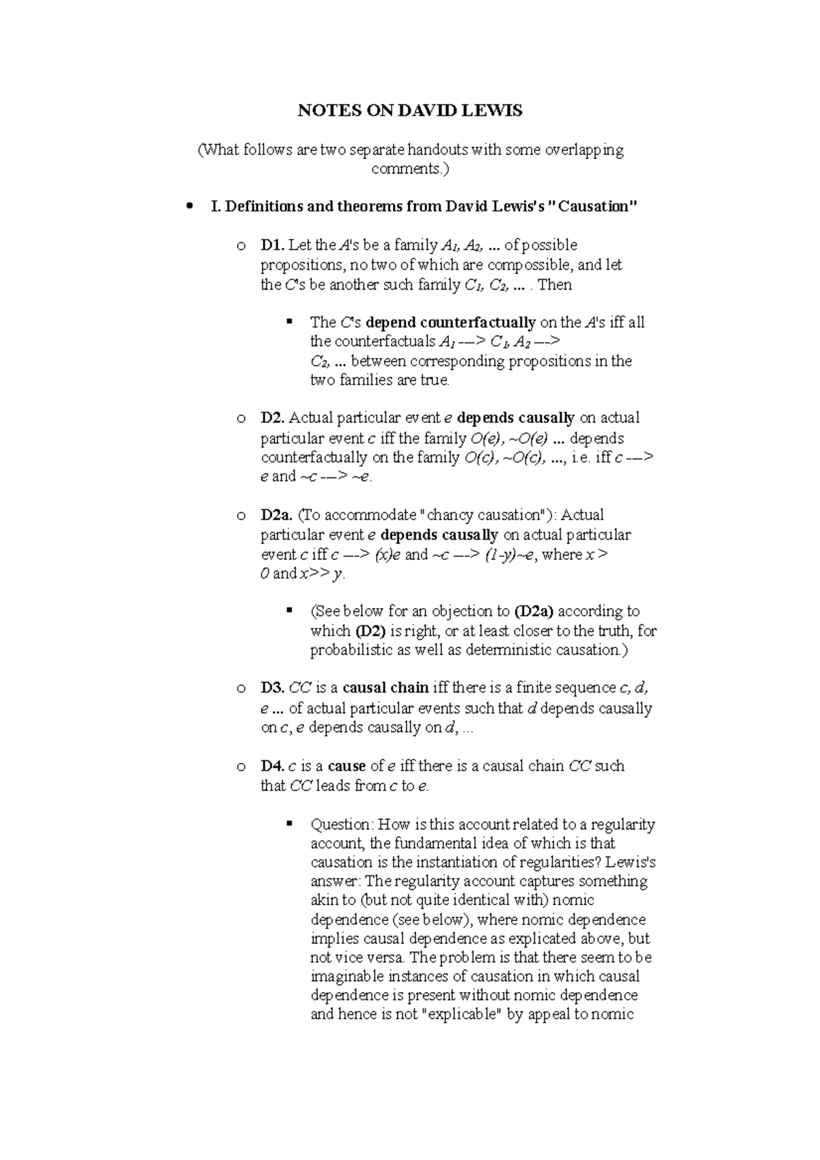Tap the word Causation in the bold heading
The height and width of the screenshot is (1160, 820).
click(x=596, y=206)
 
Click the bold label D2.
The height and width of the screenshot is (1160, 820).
click(x=273, y=418)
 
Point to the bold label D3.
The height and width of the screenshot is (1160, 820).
click(x=273, y=688)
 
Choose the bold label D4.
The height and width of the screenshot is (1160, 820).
click(x=273, y=766)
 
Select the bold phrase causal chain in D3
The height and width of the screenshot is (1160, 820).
click(x=385, y=688)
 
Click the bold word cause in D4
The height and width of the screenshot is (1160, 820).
click(x=346, y=766)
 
